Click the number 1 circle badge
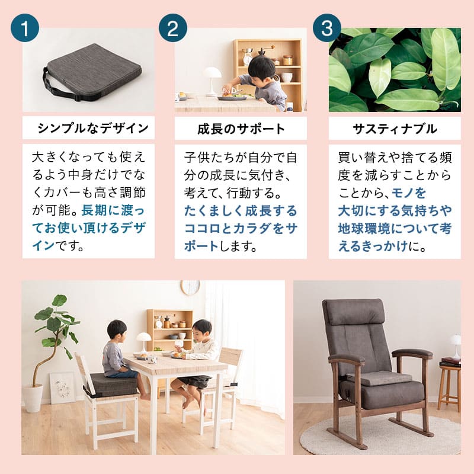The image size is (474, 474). click(25, 28)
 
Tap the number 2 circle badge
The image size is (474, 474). click(173, 28)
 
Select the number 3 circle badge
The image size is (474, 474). click(327, 28)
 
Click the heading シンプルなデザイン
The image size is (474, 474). click(93, 128)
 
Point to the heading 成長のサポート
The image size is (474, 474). click(241, 129)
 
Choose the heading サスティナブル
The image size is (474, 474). click(395, 129)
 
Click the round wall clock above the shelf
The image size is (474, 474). click(190, 287)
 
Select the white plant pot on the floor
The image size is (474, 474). click(33, 397)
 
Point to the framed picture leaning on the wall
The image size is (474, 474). click(63, 388)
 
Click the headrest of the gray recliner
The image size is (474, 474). click(354, 312)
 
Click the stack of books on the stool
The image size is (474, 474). click(450, 362)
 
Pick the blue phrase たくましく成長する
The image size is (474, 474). click(241, 211)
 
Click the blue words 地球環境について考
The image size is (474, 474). click(395, 229)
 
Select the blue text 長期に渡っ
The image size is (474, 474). click(113, 210)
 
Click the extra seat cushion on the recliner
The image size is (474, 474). click(379, 378)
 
